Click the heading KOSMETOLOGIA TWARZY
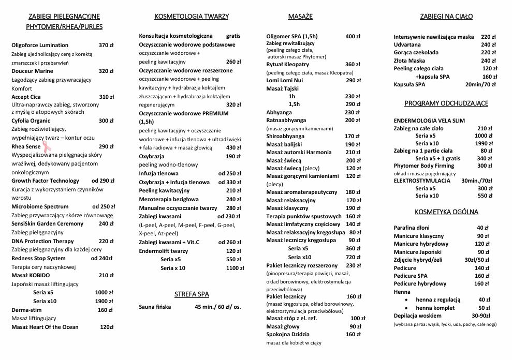tap(192, 17)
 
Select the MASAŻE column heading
tap(300, 17)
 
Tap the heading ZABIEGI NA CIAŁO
tap(446, 17)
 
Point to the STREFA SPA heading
tap(192, 294)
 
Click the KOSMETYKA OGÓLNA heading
tap(446, 212)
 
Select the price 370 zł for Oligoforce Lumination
tap(106, 45)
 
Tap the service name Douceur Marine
tap(32, 71)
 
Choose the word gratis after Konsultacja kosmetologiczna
tap(233, 36)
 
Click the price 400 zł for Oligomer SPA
tap(353, 36)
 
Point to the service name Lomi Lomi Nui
tap(284, 80)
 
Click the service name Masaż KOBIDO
tap(31, 275)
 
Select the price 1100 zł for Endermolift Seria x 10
tap(235, 268)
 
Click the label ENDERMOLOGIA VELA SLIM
tap(429, 121)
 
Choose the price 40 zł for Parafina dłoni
tap(483, 228)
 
